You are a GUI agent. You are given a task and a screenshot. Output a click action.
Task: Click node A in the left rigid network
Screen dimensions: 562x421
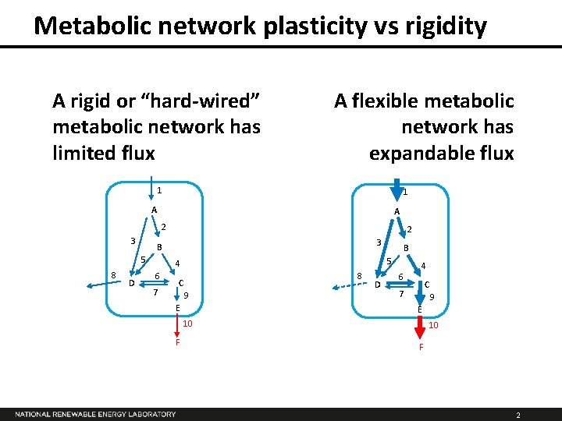[155, 210]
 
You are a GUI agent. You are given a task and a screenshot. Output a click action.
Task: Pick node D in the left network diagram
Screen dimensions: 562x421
[130, 282]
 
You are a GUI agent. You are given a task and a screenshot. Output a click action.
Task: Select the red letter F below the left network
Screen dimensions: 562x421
[178, 342]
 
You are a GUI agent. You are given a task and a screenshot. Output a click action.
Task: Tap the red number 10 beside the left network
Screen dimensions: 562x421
[187, 324]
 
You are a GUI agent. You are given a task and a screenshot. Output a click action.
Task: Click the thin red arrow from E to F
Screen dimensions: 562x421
[178, 326]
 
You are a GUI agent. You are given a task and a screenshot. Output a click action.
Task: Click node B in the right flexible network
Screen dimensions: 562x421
[407, 248]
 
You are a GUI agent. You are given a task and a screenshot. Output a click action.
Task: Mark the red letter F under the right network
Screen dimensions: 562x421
[421, 347]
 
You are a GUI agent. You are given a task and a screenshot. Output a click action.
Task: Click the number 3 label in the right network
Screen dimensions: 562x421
[378, 241]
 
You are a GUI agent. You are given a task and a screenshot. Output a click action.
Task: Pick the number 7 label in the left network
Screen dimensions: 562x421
[155, 292]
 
